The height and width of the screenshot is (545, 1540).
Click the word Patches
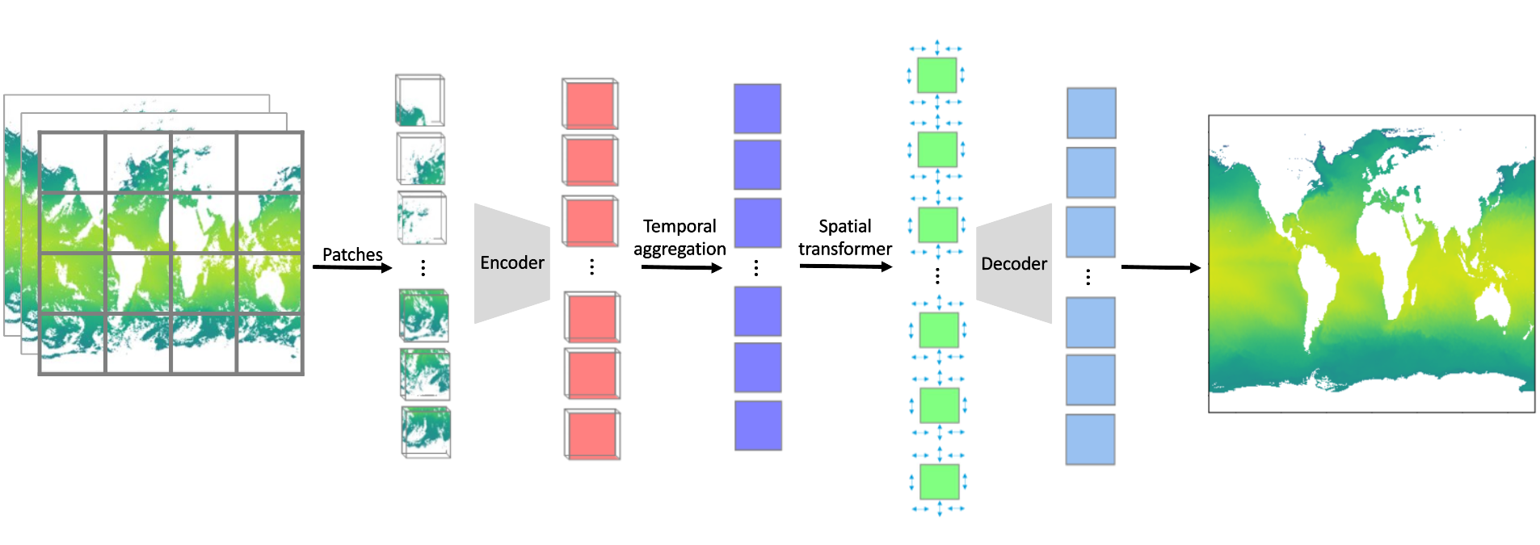pyautogui.click(x=352, y=254)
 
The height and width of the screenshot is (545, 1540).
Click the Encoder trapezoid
pyautogui.click(x=511, y=263)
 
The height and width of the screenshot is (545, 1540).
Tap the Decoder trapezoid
pyautogui.click(x=1013, y=264)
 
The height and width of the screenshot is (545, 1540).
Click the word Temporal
pyautogui.click(x=680, y=226)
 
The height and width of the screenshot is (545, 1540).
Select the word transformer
pyautogui.click(x=845, y=249)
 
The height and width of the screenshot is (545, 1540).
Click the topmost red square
pyautogui.click(x=590, y=104)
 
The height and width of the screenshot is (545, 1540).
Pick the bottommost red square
pyautogui.click(x=592, y=434)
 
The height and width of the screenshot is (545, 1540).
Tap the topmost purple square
pyautogui.click(x=757, y=108)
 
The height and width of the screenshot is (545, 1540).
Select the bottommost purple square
pyautogui.click(x=758, y=426)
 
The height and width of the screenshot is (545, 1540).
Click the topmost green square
pyautogui.click(x=937, y=75)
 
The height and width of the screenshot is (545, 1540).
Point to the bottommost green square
pyautogui.click(x=940, y=481)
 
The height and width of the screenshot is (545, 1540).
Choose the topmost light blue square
pyautogui.click(x=1091, y=113)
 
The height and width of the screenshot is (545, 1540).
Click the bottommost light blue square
pyautogui.click(x=1090, y=439)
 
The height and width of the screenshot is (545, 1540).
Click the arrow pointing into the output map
pyautogui.click(x=1160, y=267)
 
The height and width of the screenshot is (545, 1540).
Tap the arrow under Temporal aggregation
pyautogui.click(x=681, y=267)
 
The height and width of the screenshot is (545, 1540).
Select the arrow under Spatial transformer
pyautogui.click(x=845, y=266)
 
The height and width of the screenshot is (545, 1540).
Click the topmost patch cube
pyautogui.click(x=419, y=100)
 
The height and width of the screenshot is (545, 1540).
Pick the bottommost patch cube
pyautogui.click(x=426, y=432)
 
